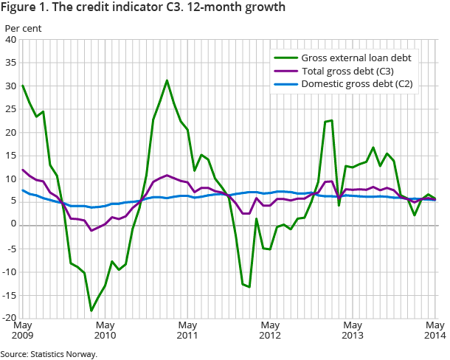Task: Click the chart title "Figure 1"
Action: tap(144, 8)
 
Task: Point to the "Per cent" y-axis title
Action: tap(23, 28)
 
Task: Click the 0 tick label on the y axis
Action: tap(14, 226)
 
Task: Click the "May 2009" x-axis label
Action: tap(23, 330)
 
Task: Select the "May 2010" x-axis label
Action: tap(105, 330)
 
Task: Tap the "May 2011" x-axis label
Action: tap(188, 330)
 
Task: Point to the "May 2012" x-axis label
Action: tap(271, 330)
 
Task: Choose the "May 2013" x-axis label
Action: tap(353, 330)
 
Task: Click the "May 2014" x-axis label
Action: tap(435, 330)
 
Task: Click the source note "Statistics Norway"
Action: tap(49, 354)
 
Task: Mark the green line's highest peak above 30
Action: tap(167, 80)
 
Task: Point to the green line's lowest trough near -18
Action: tap(91, 311)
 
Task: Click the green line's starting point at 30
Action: tap(23, 86)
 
